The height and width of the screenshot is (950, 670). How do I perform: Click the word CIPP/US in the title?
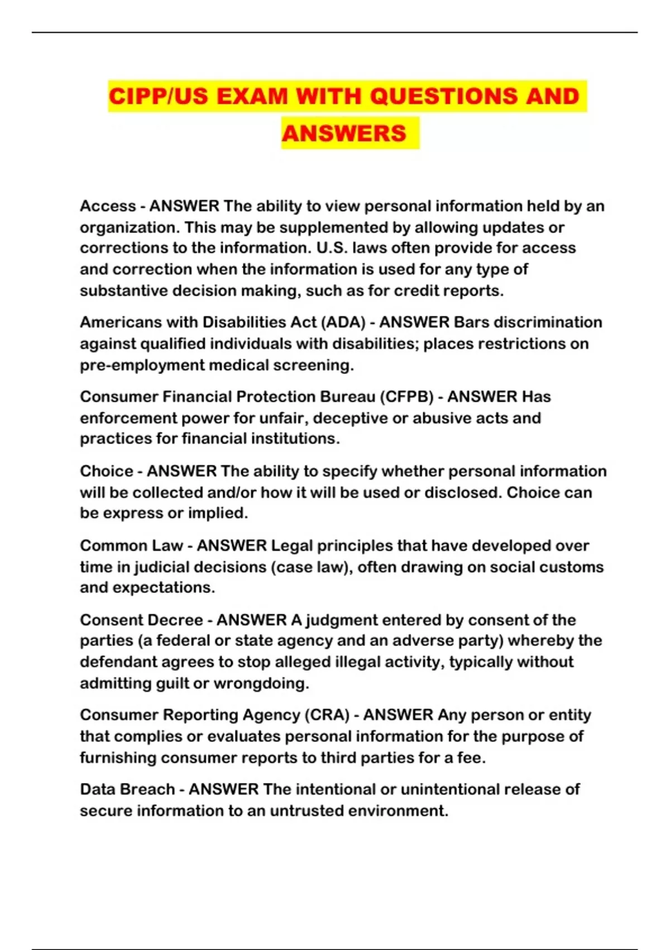coord(158,96)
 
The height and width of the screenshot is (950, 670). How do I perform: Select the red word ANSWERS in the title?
coord(344,134)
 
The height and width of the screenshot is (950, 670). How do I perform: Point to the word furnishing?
coord(118,758)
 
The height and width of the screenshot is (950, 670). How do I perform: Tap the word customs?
coord(575,567)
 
